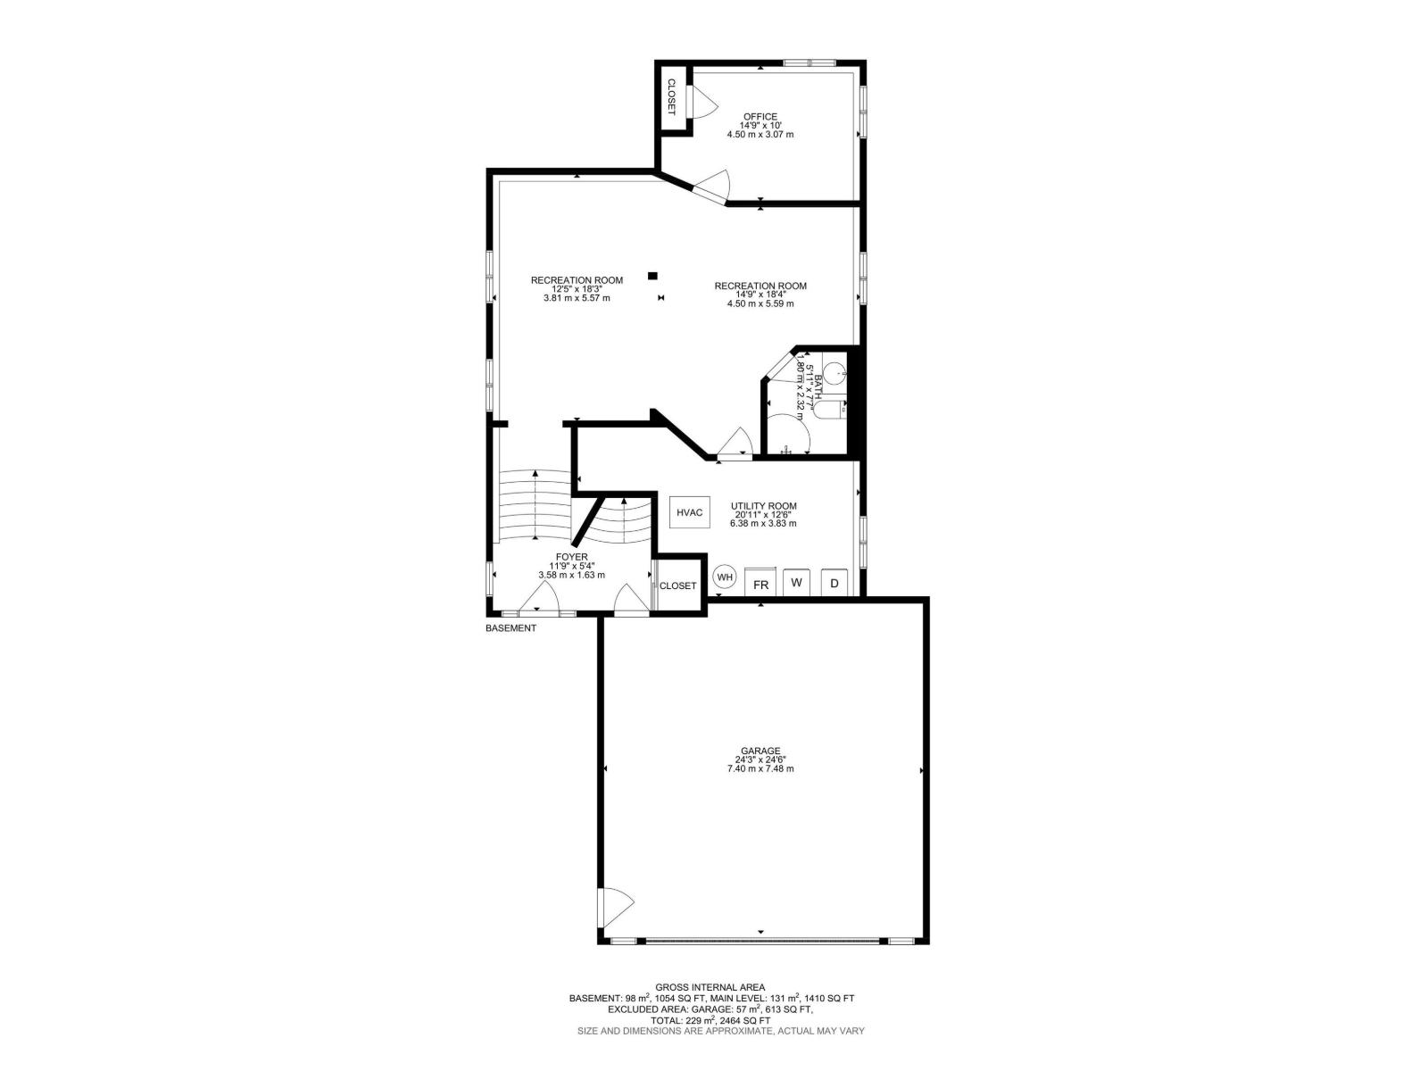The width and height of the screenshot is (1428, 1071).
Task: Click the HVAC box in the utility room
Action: (x=690, y=512)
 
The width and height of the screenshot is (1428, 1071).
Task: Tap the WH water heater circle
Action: (x=726, y=577)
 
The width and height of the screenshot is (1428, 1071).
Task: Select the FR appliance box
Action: (x=761, y=584)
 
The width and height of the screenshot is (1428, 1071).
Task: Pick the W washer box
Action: (x=797, y=582)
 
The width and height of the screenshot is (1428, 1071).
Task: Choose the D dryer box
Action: (x=834, y=583)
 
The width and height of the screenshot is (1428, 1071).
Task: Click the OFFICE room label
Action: (x=760, y=116)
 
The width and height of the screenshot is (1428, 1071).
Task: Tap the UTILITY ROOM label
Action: (x=763, y=506)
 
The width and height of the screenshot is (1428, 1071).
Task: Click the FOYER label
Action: (x=571, y=557)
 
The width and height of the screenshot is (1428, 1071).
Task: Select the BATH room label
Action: (x=818, y=386)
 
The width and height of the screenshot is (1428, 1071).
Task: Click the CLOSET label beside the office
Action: (x=672, y=97)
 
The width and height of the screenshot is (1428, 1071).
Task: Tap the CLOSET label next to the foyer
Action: (x=677, y=586)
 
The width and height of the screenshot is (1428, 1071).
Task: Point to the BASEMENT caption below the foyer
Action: (x=511, y=628)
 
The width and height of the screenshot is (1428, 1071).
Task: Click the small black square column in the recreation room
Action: (x=652, y=275)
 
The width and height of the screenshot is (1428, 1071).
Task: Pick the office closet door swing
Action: (x=701, y=102)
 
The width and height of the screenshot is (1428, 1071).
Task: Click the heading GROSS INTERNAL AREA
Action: (x=710, y=987)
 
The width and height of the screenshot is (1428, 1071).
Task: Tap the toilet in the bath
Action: (x=834, y=369)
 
